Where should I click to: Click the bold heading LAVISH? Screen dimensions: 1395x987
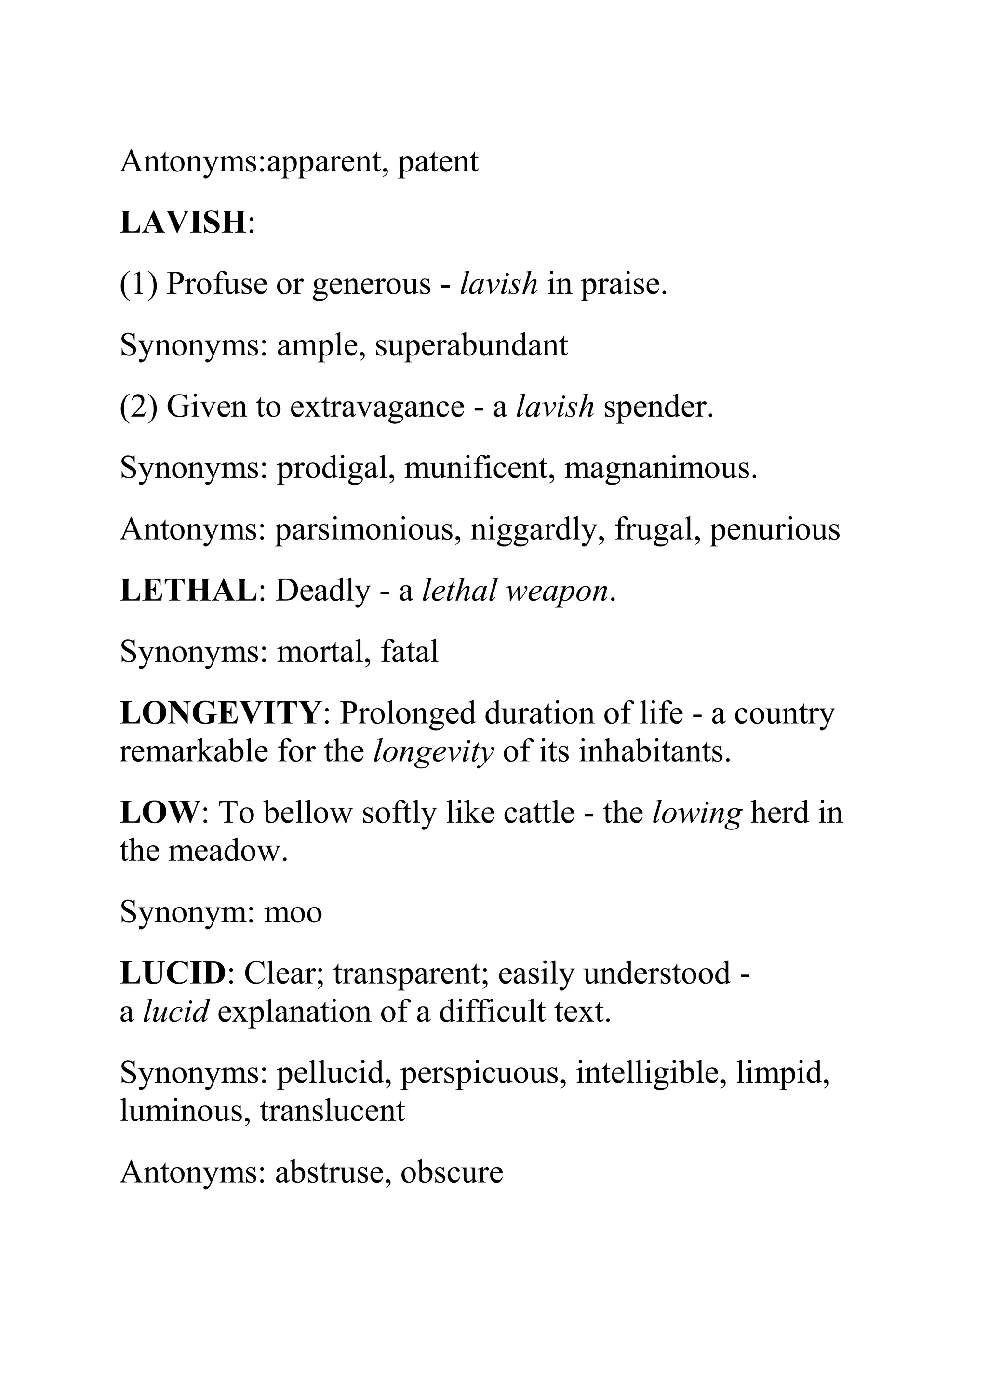tap(182, 223)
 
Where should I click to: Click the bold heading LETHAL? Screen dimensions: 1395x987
tap(188, 591)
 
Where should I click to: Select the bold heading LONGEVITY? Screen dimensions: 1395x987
tap(220, 713)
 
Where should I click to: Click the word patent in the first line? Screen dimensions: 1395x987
tap(438, 162)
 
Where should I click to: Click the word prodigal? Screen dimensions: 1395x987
tap(332, 468)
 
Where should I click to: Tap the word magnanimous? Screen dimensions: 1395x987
tap(660, 468)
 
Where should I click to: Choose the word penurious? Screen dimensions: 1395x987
tap(774, 530)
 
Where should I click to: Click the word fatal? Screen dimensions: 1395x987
tap(409, 652)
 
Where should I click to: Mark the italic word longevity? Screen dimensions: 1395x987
tap(433, 752)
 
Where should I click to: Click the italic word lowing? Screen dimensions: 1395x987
tap(696, 813)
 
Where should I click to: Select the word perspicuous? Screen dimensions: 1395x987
tap(482, 1073)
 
